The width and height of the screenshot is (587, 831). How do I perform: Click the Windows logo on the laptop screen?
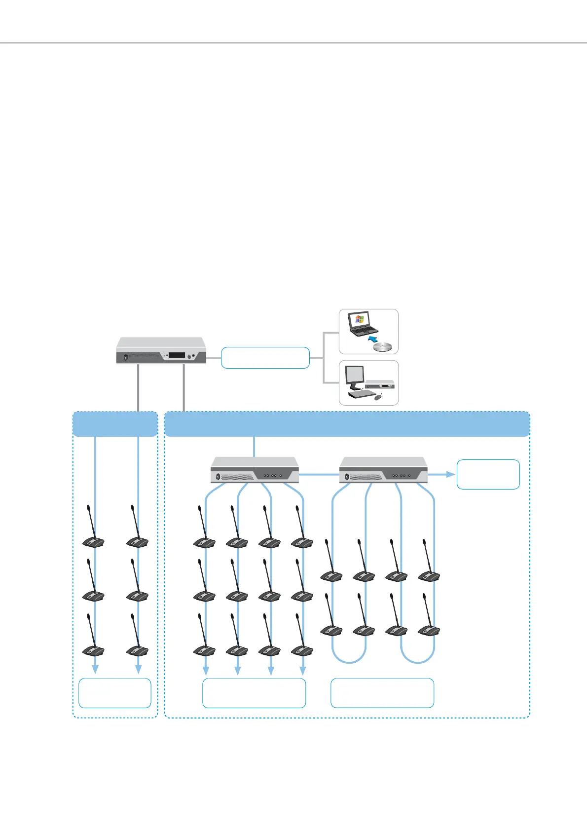(359, 319)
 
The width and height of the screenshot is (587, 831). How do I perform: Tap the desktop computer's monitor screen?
(354, 377)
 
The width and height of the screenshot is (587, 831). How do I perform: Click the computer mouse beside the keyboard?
(377, 397)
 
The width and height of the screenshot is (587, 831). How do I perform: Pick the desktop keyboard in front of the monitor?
(361, 395)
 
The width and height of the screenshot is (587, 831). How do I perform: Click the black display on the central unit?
(176, 355)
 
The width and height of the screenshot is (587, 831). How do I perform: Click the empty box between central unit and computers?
(265, 358)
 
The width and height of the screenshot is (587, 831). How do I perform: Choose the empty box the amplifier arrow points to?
(488, 474)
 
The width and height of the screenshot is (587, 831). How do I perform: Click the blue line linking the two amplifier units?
(319, 474)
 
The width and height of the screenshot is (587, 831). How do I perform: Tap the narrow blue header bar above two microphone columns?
(115, 424)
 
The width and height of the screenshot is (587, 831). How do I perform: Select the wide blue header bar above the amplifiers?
(347, 424)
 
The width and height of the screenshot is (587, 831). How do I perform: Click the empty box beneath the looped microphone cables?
(382, 693)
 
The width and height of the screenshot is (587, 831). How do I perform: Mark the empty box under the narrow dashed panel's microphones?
(114, 693)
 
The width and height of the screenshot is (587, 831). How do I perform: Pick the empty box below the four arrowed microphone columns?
(254, 693)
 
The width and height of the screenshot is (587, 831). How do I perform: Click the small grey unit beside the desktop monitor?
(379, 383)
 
